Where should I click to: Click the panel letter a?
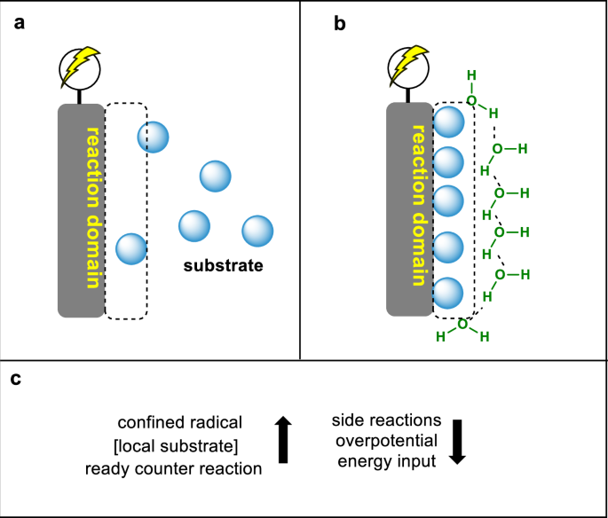(19, 22)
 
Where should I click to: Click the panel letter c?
(18, 380)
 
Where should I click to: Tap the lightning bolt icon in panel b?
(407, 63)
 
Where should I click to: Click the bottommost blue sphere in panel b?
(448, 293)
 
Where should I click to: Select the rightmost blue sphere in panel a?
(257, 230)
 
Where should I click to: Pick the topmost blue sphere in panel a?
(153, 137)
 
